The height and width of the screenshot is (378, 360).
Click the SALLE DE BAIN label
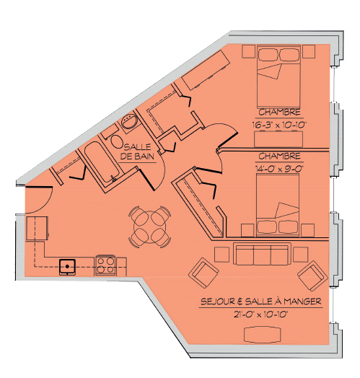pyautogui.click(x=137, y=151)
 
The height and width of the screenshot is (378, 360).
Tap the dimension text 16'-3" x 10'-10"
pyautogui.click(x=279, y=125)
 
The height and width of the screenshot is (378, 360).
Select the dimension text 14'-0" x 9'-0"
pyautogui.click(x=279, y=169)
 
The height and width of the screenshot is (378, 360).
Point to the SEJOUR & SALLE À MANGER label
pyautogui.click(x=261, y=302)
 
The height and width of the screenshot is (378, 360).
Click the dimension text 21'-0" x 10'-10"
pyautogui.click(x=260, y=315)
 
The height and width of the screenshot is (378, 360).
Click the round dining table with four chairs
pyautogui.click(x=150, y=227)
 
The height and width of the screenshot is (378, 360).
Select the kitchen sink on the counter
pyautogui.click(x=68, y=267)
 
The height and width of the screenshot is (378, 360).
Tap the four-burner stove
pyautogui.click(x=105, y=265)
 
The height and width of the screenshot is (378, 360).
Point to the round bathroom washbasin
pyautogui.click(x=129, y=120)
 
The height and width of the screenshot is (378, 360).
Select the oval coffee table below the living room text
pyautogui.click(x=263, y=335)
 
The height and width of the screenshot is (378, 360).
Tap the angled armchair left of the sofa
pyautogui.click(x=204, y=273)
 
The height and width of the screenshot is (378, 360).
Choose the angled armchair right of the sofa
pyautogui.click(x=312, y=276)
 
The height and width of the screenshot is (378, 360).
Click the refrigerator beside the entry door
pyautogui.click(x=37, y=228)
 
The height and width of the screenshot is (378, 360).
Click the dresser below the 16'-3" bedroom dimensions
pyautogui.click(x=278, y=139)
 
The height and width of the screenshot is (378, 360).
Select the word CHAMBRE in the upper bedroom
pyautogui.click(x=280, y=113)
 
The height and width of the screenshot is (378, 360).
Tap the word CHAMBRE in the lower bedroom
pyautogui.click(x=280, y=157)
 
